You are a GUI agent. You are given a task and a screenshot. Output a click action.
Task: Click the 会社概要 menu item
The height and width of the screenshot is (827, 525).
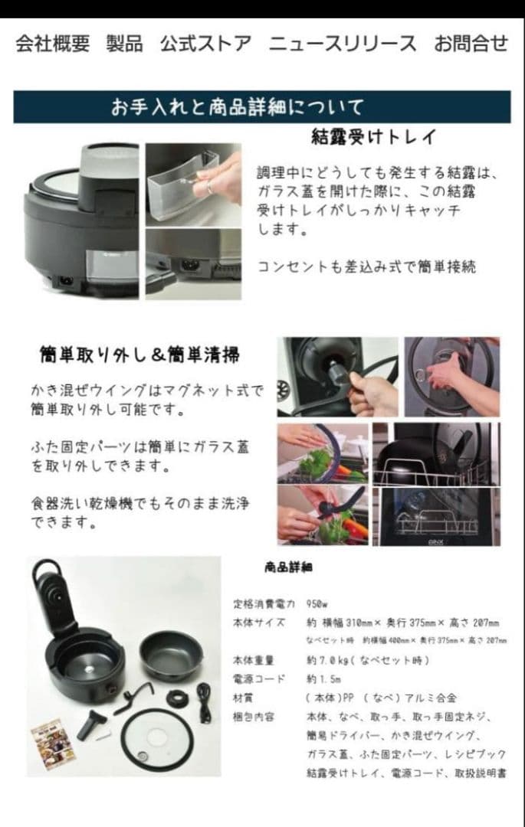pyautogui.click(x=52, y=44)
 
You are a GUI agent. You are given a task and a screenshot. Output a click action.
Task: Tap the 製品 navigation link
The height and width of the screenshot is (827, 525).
pyautogui.click(x=124, y=44)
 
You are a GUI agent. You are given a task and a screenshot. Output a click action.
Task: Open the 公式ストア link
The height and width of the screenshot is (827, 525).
pyautogui.click(x=205, y=44)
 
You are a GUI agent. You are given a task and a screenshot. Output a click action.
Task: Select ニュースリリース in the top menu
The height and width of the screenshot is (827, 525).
pyautogui.click(x=343, y=44)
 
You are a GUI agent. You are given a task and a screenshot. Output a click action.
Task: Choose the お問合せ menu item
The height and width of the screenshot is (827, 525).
pyautogui.click(x=471, y=44)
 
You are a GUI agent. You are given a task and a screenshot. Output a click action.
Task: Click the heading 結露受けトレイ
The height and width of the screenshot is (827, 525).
pyautogui.click(x=374, y=137)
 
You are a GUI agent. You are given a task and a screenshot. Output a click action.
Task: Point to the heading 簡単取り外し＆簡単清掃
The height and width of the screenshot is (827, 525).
pyautogui.click(x=139, y=355)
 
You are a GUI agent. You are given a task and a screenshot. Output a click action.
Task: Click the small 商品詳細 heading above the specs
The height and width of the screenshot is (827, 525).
pyautogui.click(x=287, y=567)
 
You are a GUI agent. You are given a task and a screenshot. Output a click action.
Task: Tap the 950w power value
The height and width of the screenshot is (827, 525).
pyautogui.click(x=317, y=603)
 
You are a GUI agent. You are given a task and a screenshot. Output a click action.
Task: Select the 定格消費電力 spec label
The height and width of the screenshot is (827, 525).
pyautogui.click(x=264, y=603)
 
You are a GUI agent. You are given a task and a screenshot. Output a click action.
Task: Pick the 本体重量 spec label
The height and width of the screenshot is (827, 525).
pyautogui.click(x=253, y=660)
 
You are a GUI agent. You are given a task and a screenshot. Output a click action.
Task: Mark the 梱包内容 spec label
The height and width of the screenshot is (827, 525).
pyautogui.click(x=253, y=716)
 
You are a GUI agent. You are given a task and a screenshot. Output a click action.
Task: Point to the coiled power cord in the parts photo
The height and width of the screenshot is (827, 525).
pyautogui.click(x=204, y=698)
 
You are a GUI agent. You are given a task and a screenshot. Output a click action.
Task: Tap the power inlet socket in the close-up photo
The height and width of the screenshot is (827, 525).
pyautogui.click(x=187, y=264)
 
